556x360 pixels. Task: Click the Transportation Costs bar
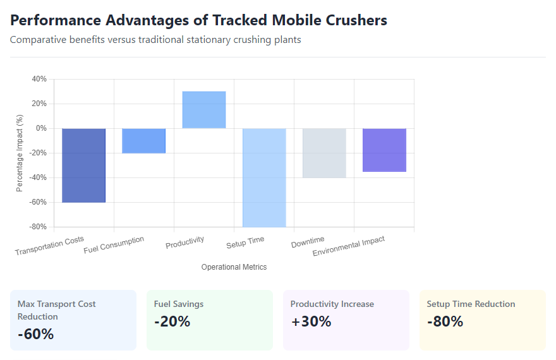(x=83, y=165)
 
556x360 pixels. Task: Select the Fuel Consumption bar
(x=143, y=140)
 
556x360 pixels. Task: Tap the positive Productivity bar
(x=204, y=110)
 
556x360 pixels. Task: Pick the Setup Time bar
(x=264, y=177)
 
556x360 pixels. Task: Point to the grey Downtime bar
(x=324, y=153)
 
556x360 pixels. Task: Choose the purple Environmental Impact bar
(x=384, y=150)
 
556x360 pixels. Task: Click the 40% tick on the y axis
(x=39, y=79)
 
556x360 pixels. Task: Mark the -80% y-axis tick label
(x=37, y=227)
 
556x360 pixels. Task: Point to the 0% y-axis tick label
(x=41, y=128)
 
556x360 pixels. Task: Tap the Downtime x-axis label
(x=308, y=242)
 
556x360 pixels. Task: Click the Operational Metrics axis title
(x=234, y=267)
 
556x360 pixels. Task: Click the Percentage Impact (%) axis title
(x=20, y=153)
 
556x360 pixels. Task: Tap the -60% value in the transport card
(x=35, y=334)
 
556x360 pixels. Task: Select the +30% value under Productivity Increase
(x=311, y=321)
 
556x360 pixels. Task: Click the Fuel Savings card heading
(x=179, y=304)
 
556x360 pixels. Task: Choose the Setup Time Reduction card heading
(x=471, y=304)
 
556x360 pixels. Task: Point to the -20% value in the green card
(x=172, y=321)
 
